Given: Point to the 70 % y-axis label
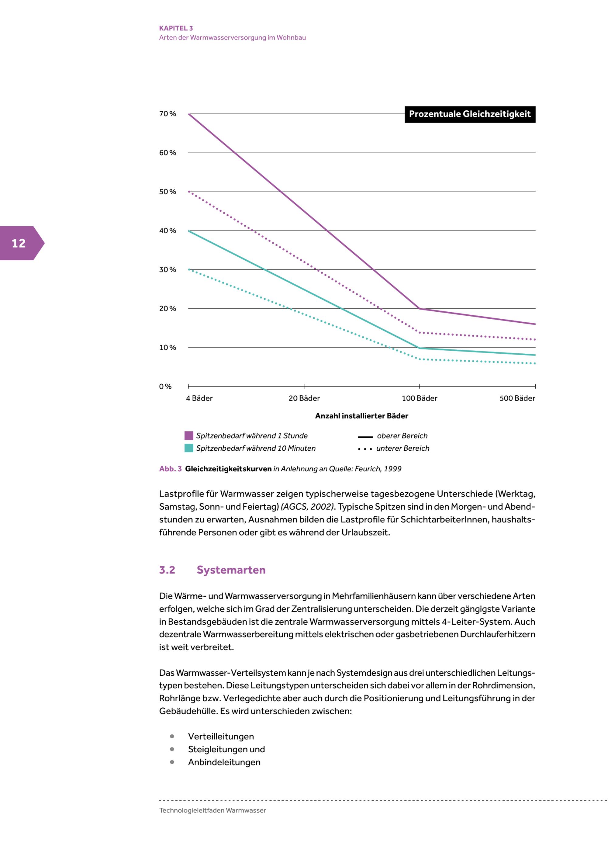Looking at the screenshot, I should click(x=167, y=114).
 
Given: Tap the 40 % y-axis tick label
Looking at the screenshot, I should click(x=167, y=231).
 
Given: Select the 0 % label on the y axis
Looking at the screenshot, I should click(x=165, y=387).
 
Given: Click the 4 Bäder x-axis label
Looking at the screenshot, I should click(x=199, y=398).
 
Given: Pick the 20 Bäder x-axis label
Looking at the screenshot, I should click(x=304, y=398).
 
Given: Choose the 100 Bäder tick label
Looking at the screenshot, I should click(x=419, y=398).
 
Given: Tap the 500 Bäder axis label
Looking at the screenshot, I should click(x=517, y=398).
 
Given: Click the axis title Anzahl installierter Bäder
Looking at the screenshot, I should click(x=361, y=416).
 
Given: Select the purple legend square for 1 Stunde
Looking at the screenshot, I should click(x=189, y=435).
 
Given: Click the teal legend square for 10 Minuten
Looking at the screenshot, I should click(x=189, y=448).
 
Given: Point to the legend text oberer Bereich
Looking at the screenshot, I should click(x=402, y=435).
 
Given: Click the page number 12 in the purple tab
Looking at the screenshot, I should click(x=19, y=244).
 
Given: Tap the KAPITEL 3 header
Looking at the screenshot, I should click(x=176, y=28).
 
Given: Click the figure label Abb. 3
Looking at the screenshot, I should click(x=170, y=469).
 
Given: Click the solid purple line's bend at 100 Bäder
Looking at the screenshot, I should click(x=419, y=309).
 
